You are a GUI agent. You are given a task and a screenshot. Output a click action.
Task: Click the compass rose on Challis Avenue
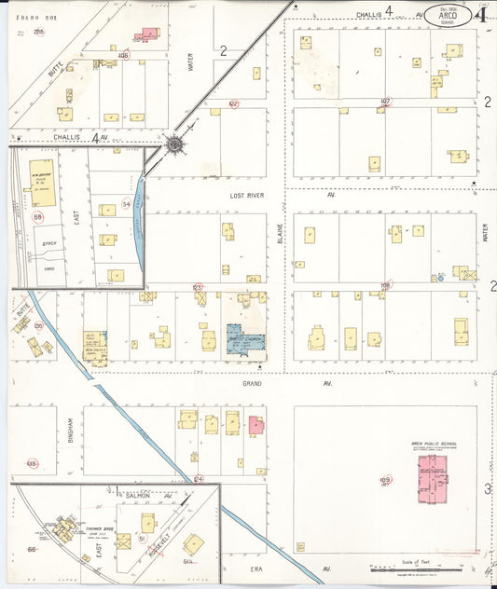pos(174,144)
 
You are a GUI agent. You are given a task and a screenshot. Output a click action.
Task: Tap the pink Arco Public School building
pos(432,480)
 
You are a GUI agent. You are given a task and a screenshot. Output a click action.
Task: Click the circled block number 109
pos(385,481)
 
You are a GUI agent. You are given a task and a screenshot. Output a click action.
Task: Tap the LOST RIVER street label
pos(249,197)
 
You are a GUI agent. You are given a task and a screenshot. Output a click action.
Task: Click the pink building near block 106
pos(147,34)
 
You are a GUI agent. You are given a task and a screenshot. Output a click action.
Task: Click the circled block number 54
pos(126,203)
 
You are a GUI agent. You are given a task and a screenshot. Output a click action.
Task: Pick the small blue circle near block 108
pos(438,278)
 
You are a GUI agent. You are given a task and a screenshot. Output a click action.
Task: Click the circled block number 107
pos(385,102)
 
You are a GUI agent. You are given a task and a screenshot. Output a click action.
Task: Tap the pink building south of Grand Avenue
pos(256,426)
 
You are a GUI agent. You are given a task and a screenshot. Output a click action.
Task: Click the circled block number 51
pos(141,539)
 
